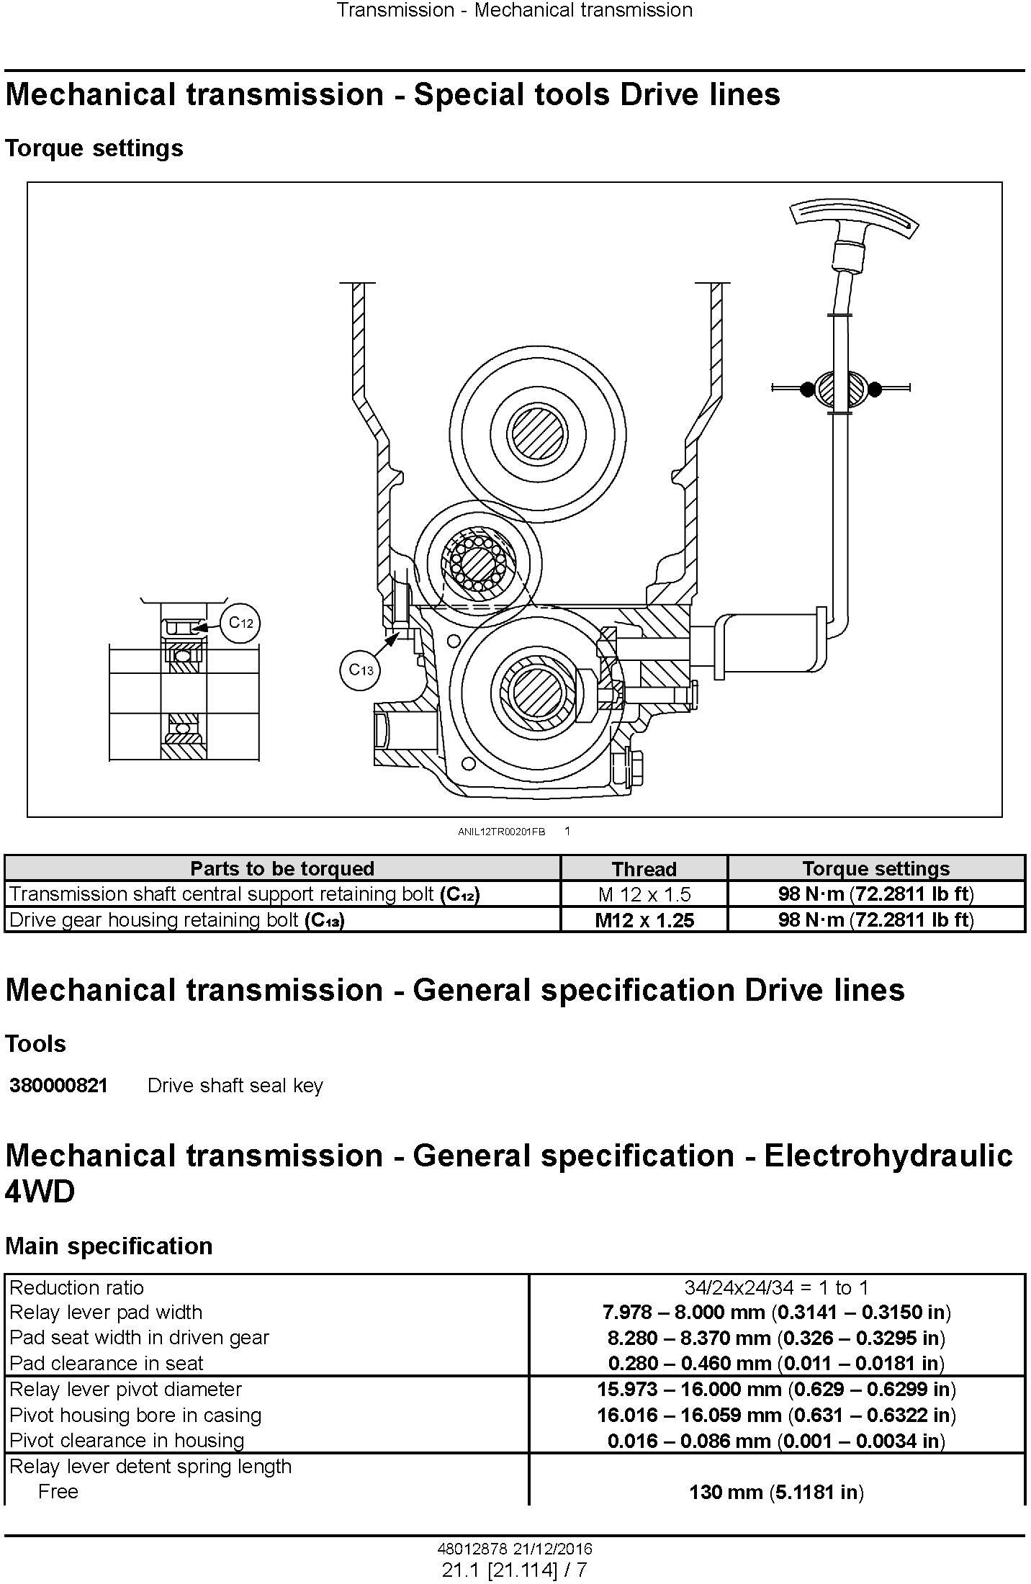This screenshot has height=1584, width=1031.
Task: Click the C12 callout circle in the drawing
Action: pyautogui.click(x=241, y=622)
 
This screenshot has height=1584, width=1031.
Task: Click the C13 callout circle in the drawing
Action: pyautogui.click(x=360, y=670)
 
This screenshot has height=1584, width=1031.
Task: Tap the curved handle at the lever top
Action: pyautogui.click(x=855, y=219)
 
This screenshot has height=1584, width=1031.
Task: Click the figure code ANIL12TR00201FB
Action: pyautogui.click(x=502, y=832)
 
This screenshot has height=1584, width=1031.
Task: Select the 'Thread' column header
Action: pyautogui.click(x=644, y=869)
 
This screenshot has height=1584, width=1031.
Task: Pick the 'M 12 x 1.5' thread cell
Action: pyautogui.click(x=644, y=894)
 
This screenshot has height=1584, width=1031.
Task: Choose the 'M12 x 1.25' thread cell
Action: pyautogui.click(x=644, y=920)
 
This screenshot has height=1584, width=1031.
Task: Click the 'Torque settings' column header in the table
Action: pyautogui.click(x=876, y=868)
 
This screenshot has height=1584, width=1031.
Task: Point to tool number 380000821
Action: pyautogui.click(x=58, y=1085)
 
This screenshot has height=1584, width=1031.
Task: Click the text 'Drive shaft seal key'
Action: pyautogui.click(x=235, y=1085)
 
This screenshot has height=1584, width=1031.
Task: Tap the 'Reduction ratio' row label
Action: pyautogui.click(x=77, y=1287)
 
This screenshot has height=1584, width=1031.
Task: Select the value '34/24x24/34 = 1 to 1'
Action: pyautogui.click(x=776, y=1287)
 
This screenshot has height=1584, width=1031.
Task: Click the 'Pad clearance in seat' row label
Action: pyautogui.click(x=107, y=1363)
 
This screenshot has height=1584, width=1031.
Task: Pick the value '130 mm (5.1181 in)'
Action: pyautogui.click(x=776, y=1491)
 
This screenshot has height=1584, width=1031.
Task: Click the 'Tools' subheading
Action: pyautogui.click(x=35, y=1043)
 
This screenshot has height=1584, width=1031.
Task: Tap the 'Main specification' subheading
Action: pyautogui.click(x=109, y=1246)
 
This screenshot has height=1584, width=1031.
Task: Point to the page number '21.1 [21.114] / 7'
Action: pyautogui.click(x=515, y=1570)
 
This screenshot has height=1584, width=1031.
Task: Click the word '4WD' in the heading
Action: pyautogui.click(x=40, y=1192)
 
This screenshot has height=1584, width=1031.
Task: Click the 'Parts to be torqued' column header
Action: pyautogui.click(x=282, y=868)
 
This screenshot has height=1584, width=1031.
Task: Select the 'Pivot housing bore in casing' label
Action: pyautogui.click(x=135, y=1415)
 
